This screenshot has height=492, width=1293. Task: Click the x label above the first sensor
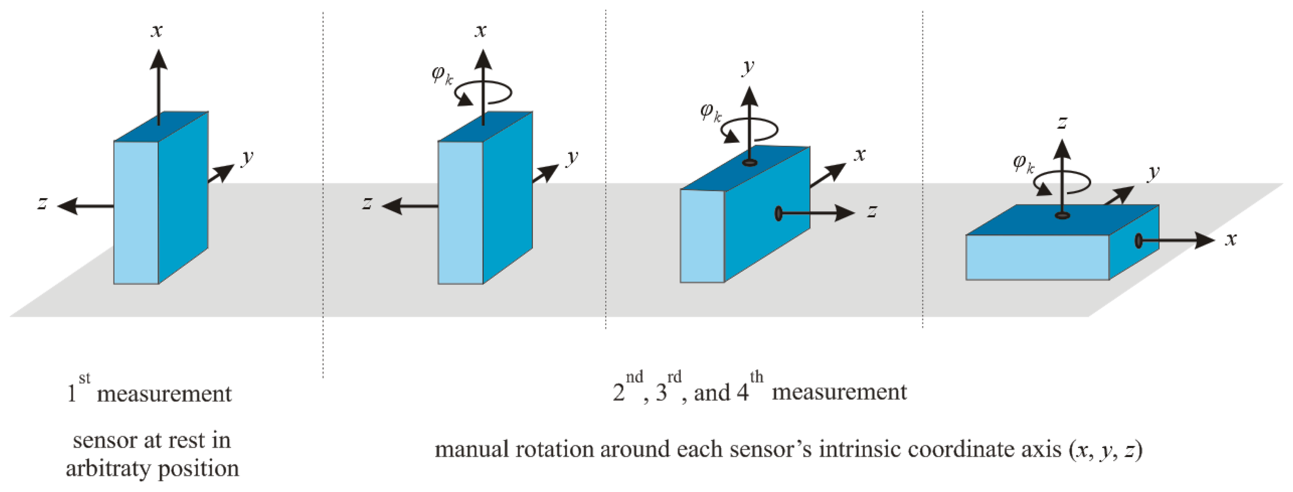157,31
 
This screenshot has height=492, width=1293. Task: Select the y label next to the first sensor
247,158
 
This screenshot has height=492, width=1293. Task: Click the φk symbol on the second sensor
442,76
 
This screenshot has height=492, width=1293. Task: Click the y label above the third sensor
748,66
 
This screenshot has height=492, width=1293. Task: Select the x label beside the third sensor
860,155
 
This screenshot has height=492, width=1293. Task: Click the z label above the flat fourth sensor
1062,122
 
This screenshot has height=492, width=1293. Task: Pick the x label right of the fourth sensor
1230,239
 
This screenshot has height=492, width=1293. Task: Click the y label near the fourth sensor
1154,172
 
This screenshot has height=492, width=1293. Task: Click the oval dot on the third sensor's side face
778,213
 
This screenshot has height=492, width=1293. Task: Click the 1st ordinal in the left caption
78,389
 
